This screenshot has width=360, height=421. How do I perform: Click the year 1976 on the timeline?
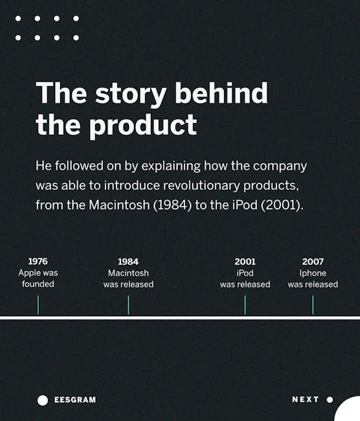click(x=38, y=261)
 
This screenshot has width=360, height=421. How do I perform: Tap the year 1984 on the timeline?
click(x=128, y=261)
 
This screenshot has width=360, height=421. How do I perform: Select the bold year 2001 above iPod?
click(x=245, y=261)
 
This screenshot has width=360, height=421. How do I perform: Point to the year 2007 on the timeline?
click(x=313, y=261)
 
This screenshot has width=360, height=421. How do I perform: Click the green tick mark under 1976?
click(x=38, y=305)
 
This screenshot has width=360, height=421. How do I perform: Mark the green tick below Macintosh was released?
click(x=128, y=305)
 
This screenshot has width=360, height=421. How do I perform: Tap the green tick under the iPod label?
click(x=245, y=305)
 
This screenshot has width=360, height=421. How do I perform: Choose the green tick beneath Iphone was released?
click(x=313, y=305)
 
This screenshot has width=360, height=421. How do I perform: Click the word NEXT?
click(x=306, y=400)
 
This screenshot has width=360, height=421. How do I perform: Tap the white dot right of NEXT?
click(x=330, y=400)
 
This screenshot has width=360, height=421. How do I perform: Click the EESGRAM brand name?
click(x=75, y=400)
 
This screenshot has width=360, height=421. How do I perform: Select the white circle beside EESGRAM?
click(x=43, y=400)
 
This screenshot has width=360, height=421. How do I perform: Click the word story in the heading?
click(x=131, y=93)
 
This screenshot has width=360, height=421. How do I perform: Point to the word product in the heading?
click(x=143, y=125)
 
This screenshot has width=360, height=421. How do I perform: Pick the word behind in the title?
click(x=221, y=92)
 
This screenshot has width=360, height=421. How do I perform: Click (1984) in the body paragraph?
click(x=172, y=205)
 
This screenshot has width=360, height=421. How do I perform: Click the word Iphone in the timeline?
click(x=313, y=273)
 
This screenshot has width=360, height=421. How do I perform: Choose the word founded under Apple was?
click(x=38, y=284)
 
